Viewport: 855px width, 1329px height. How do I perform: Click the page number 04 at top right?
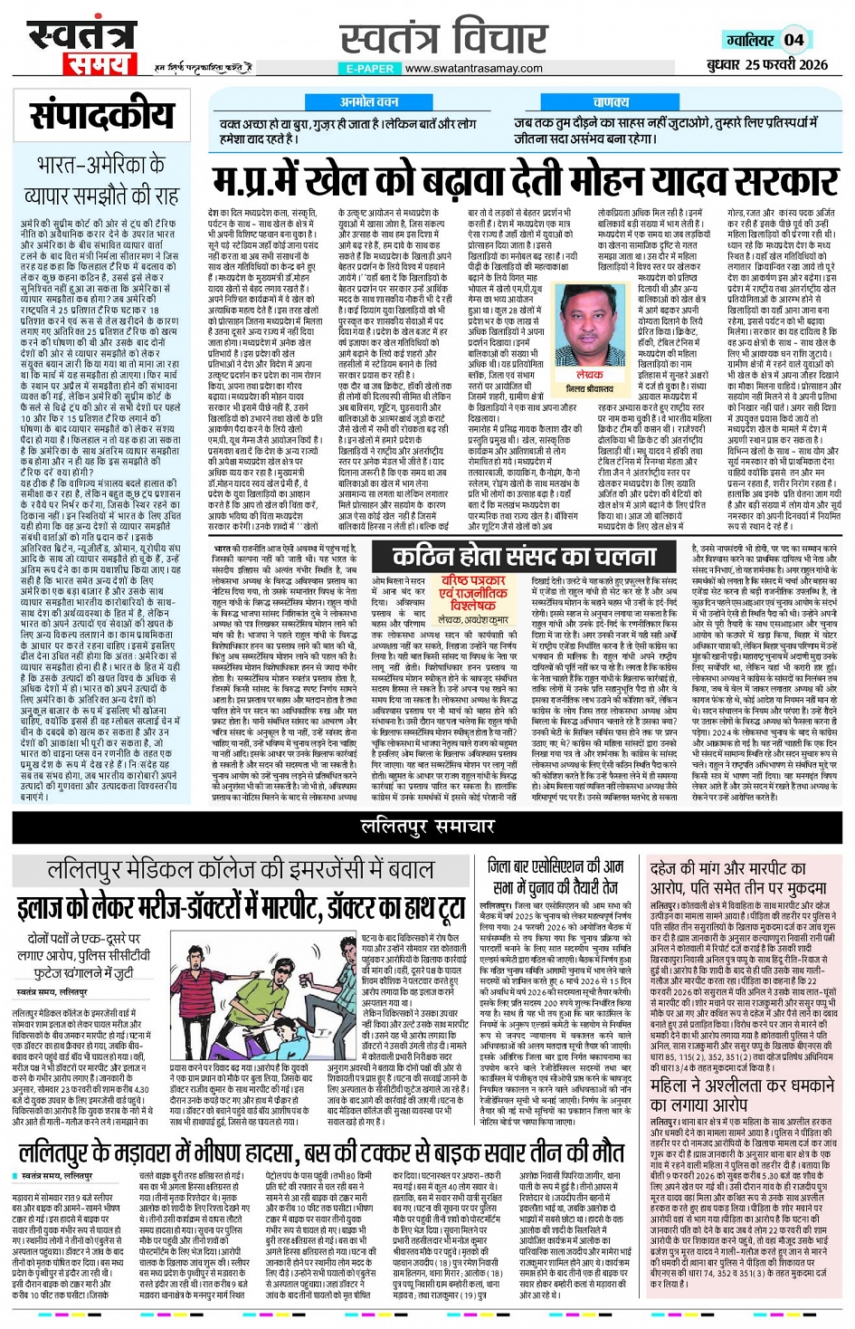click(x=793, y=39)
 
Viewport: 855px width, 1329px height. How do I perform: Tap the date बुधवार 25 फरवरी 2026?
click(x=767, y=64)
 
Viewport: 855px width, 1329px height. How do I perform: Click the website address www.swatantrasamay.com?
click(x=473, y=68)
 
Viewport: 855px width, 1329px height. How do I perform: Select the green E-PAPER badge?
click(x=369, y=68)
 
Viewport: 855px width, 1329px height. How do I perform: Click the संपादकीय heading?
click(x=101, y=115)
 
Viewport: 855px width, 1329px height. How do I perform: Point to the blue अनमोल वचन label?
click(x=369, y=102)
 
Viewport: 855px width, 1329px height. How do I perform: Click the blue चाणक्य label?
click(x=612, y=102)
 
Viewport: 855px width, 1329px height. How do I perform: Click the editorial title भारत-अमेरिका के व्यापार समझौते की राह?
click(x=101, y=180)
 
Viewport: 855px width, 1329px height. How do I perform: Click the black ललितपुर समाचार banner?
click(x=427, y=826)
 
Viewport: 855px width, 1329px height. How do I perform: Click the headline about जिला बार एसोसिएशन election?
click(x=555, y=875)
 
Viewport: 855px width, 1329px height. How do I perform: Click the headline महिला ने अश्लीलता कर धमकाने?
click(x=742, y=1094)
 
